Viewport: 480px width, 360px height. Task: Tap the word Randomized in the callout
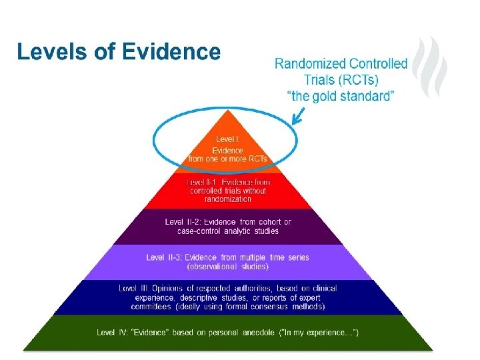tap(310, 65)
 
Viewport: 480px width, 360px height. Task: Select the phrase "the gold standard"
tap(341, 96)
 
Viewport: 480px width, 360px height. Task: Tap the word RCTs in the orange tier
tap(256, 159)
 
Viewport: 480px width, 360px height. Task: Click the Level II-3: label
tap(163, 257)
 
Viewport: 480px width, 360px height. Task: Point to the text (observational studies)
tap(227, 267)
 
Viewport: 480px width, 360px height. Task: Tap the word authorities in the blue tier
tap(255, 289)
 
